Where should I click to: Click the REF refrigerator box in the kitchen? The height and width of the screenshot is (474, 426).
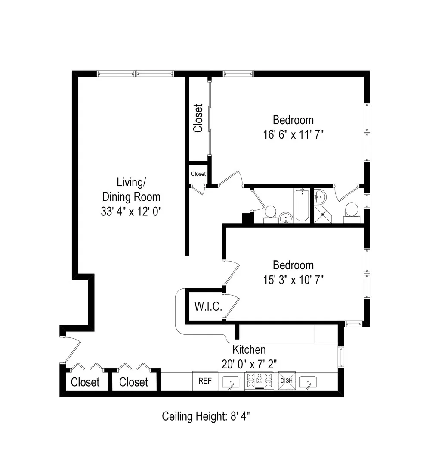click(204, 381)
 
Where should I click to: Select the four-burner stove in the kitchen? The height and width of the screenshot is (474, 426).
click(259, 381)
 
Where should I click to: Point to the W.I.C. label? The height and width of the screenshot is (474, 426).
click(208, 307)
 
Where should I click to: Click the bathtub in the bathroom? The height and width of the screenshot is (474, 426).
click(302, 205)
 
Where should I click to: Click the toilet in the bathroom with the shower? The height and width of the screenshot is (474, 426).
click(351, 211)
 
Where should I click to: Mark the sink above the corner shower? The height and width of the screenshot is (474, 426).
click(320, 198)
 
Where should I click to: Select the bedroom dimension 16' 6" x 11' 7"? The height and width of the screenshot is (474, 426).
click(293, 134)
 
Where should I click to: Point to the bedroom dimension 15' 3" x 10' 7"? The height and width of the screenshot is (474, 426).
click(293, 280)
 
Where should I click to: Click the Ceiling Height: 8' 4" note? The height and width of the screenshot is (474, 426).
click(206, 416)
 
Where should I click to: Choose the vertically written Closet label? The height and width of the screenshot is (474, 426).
click(198, 118)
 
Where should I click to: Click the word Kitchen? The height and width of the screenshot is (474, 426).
click(249, 349)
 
